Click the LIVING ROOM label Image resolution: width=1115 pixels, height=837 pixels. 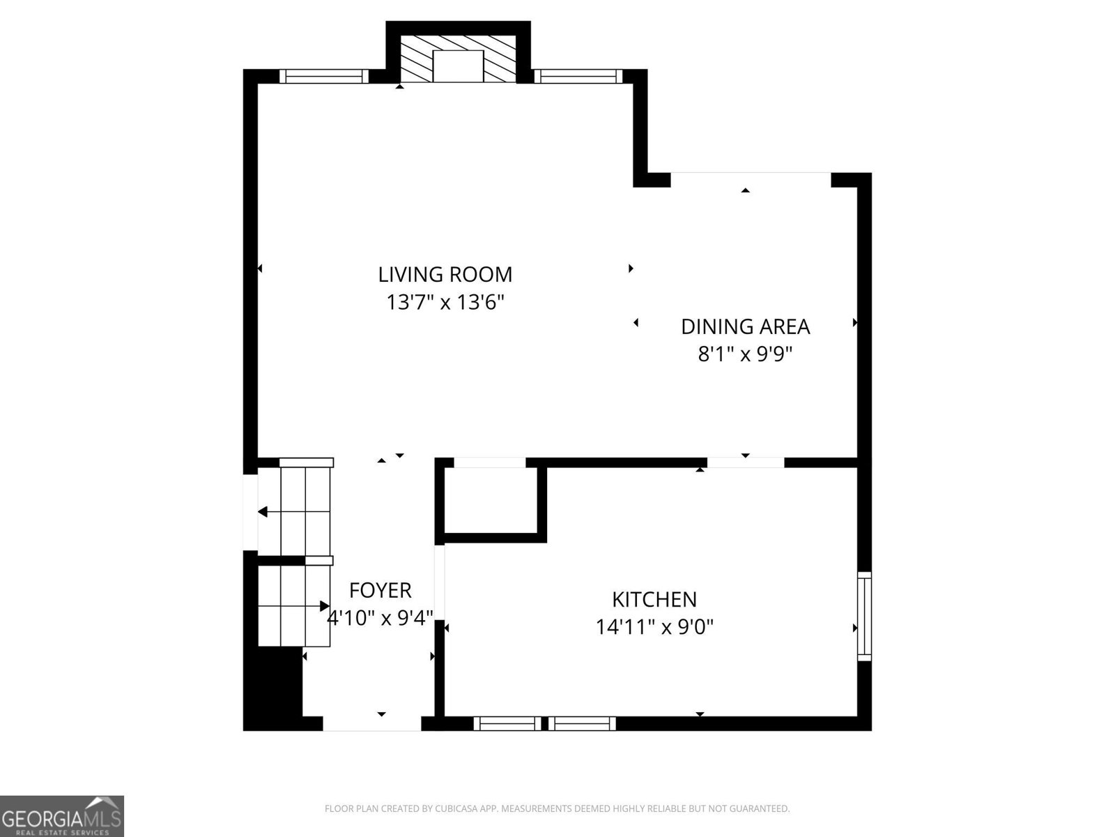(x=445, y=274)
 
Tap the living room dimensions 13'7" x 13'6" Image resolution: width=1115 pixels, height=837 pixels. (x=445, y=303)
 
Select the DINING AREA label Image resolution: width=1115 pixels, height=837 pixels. (x=745, y=326)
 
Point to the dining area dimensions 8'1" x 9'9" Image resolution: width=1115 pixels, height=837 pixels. (x=745, y=355)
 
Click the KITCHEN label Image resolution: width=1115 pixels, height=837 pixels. (x=654, y=599)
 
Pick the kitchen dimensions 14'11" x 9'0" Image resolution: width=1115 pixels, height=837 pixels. (x=654, y=627)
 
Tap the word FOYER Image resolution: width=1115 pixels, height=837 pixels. (x=380, y=590)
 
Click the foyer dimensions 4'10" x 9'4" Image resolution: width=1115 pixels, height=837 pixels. (x=380, y=618)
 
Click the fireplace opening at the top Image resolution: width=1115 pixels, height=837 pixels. (x=458, y=66)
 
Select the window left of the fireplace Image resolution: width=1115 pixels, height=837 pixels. (x=324, y=76)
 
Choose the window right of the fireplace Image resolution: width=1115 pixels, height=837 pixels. (x=578, y=76)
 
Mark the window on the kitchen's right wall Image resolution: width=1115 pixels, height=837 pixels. (x=864, y=615)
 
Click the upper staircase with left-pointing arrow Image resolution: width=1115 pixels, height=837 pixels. (x=304, y=511)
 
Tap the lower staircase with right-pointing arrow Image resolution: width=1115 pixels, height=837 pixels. (x=293, y=605)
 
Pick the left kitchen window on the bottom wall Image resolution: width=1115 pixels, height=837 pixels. (x=507, y=723)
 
